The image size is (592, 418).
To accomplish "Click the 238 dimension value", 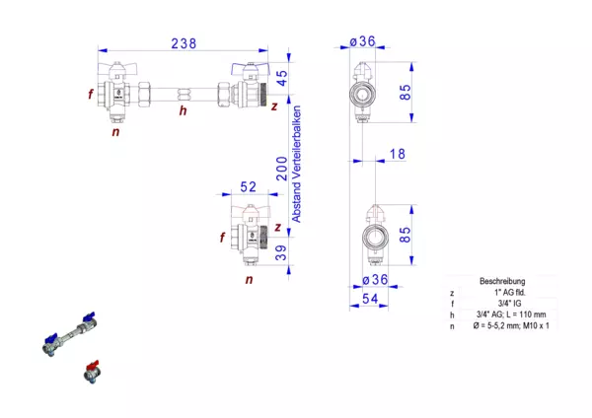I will (x=185, y=42).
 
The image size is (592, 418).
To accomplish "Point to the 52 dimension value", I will (x=248, y=187).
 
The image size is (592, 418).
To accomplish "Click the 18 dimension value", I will (x=398, y=154).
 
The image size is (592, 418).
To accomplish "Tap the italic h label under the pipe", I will (x=182, y=110).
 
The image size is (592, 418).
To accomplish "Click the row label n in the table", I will (x=452, y=324).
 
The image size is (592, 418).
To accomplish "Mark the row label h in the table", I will (x=452, y=313).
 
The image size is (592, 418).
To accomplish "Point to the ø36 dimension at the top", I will (x=363, y=41).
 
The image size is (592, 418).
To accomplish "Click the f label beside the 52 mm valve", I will (x=222, y=237).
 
